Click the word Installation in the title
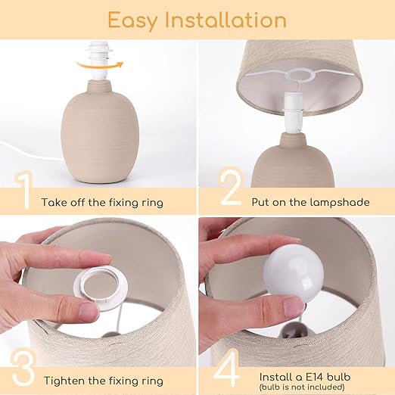(x=225, y=20)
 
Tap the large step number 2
(x=231, y=187)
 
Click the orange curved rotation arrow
(x=100, y=65)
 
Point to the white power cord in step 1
(x=30, y=152)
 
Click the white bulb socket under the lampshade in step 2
(x=293, y=113)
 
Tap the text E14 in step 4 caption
(x=315, y=377)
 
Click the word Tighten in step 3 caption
(x=61, y=381)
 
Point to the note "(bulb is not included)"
(x=302, y=387)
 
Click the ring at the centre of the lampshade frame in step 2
(x=300, y=75)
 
